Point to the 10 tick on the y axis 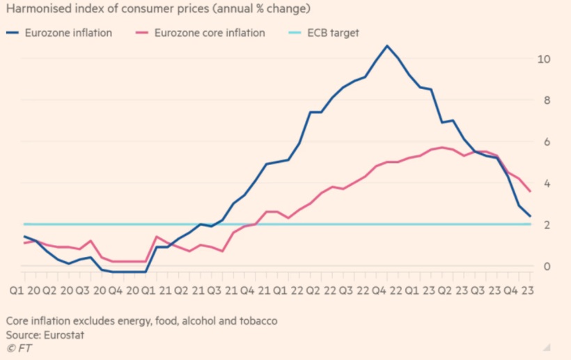pyautogui.click(x=543, y=58)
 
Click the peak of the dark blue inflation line pyautogui.click(x=387, y=46)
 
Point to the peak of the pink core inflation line pyautogui.click(x=442, y=147)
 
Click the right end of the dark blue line pyautogui.click(x=531, y=216)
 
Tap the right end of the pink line pyautogui.click(x=531, y=191)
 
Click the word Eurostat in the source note pyautogui.click(x=70, y=334)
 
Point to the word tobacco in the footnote pyautogui.click(x=258, y=321)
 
